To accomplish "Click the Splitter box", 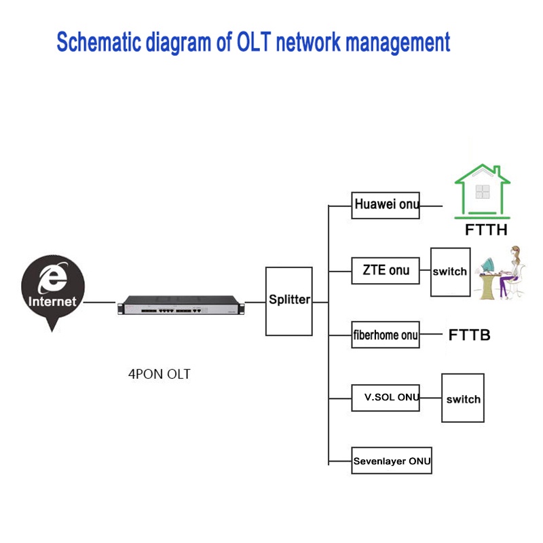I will [288, 301].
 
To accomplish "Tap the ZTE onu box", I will [385, 270].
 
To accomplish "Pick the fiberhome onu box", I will [386, 335].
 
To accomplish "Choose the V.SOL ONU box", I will [386, 397].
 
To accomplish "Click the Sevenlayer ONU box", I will [392, 461].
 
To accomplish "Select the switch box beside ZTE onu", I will [450, 271].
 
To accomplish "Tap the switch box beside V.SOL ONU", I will [463, 399].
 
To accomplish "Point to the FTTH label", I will [486, 230].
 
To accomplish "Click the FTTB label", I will [469, 335].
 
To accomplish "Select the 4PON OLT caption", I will [160, 374].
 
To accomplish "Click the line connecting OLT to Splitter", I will [255, 302].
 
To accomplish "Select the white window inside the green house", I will [482, 191].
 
